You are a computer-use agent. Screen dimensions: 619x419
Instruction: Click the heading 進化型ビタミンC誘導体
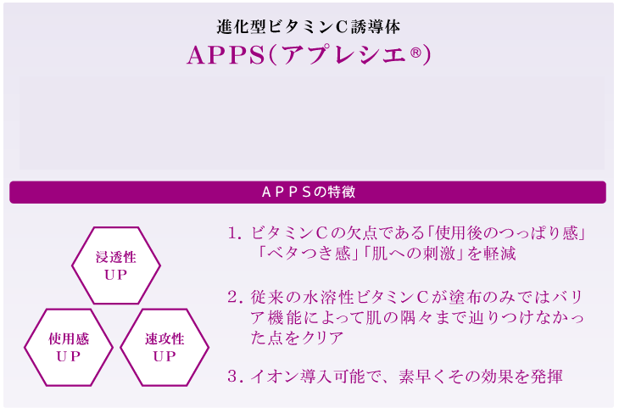click(x=309, y=27)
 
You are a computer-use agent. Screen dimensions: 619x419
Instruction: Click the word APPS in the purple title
click(x=226, y=55)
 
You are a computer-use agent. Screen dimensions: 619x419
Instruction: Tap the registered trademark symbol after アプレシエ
click(x=415, y=53)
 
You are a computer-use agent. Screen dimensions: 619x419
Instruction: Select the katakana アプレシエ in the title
click(x=344, y=55)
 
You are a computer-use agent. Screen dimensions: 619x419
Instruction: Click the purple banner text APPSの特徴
click(x=309, y=192)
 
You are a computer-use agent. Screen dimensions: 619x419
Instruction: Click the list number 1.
click(x=235, y=233)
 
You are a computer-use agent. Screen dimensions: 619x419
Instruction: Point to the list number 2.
click(x=235, y=297)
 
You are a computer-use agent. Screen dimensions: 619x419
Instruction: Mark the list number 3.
click(x=235, y=377)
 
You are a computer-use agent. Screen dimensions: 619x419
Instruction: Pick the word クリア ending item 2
click(x=322, y=338)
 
